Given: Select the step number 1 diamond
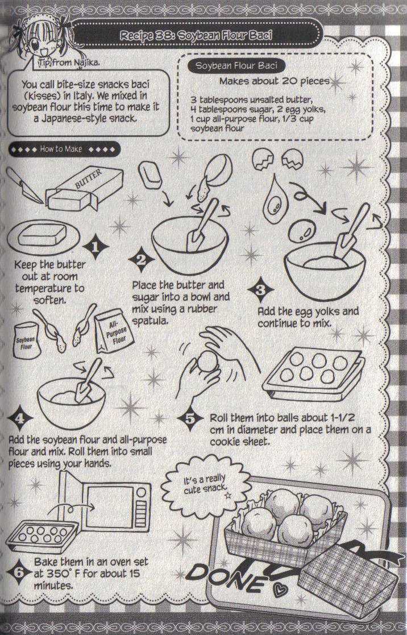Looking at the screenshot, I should [x=95, y=247].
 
